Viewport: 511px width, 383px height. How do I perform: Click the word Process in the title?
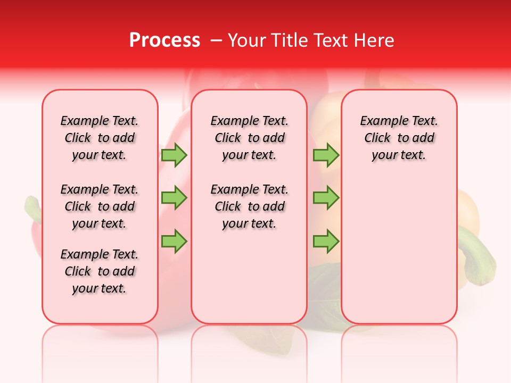pos(164,40)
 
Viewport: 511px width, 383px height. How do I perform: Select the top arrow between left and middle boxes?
pos(174,155)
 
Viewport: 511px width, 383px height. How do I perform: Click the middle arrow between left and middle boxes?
pos(174,198)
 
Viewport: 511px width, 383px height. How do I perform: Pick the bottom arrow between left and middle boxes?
pos(174,241)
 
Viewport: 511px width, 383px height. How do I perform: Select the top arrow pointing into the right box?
pos(326,155)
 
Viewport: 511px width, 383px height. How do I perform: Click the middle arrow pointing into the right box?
pos(326,198)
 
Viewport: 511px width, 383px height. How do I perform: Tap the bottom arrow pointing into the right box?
pos(326,241)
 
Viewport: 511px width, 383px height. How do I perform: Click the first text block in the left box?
pos(100,138)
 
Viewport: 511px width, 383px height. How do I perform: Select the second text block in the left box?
pos(100,206)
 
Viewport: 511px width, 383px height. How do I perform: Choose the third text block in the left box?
pos(100,271)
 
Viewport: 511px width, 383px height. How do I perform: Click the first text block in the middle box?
pos(249,138)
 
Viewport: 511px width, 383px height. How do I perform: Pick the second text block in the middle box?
pos(249,206)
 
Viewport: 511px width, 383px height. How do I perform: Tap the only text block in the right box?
pos(399,138)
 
